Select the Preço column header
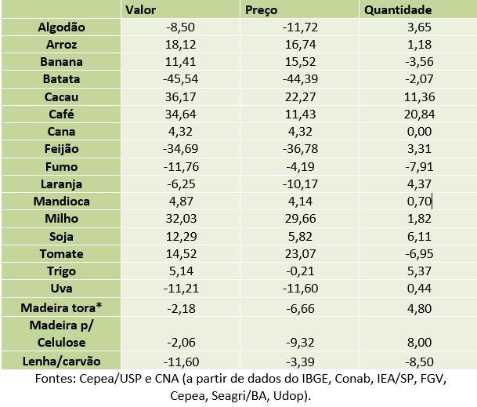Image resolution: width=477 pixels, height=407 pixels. (262, 10)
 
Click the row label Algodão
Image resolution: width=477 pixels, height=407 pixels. (62, 27)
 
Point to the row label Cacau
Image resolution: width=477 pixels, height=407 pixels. (62, 96)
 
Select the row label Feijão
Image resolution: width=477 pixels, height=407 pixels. (62, 149)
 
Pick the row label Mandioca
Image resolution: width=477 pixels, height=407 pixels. (62, 201)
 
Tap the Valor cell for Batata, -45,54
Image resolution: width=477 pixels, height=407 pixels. (181, 79)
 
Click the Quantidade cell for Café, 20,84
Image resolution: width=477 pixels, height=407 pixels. (416, 114)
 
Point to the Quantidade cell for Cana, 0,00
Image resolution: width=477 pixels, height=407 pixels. (416, 132)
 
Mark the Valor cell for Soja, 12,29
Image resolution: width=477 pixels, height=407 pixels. (181, 236)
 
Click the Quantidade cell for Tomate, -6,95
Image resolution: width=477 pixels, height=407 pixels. (416, 253)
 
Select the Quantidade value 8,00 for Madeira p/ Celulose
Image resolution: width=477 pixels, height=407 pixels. (416, 343)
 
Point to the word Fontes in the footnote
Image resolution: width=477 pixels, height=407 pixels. (56, 379)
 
